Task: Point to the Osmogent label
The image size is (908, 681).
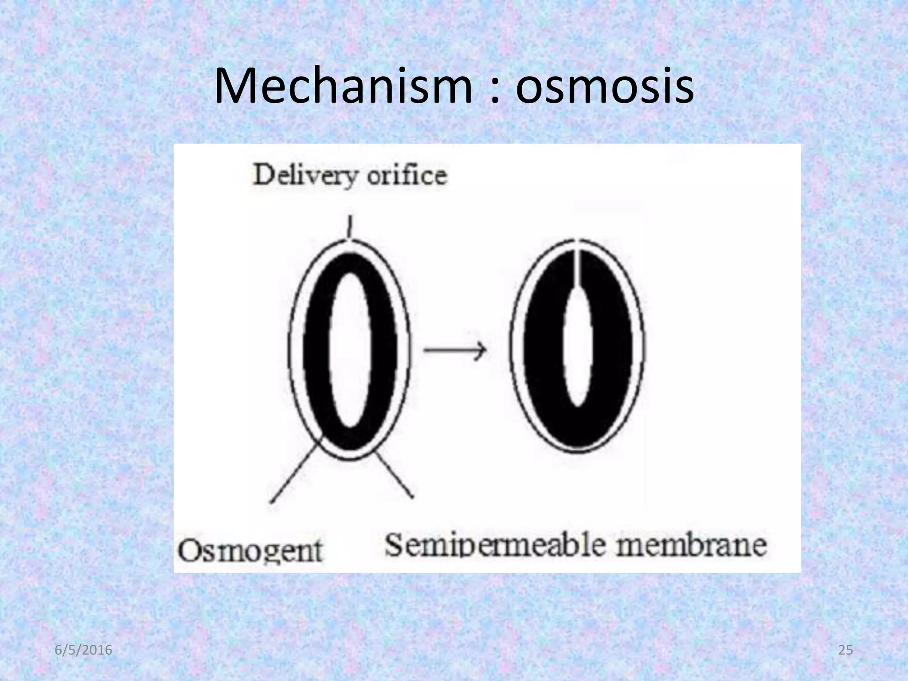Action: pos(250,551)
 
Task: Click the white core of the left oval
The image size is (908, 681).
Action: pos(350,350)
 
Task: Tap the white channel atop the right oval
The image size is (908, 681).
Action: pos(577,266)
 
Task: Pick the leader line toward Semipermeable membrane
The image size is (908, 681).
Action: pos(395,477)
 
